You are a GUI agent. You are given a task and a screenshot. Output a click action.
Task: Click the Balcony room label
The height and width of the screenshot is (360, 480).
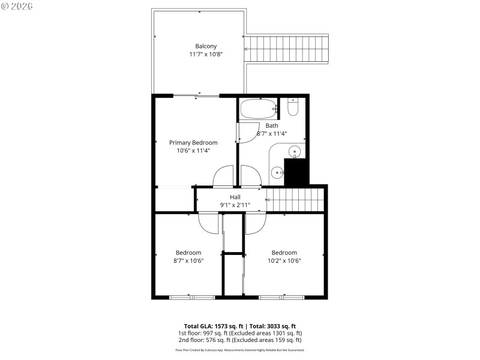pyautogui.click(x=206, y=46)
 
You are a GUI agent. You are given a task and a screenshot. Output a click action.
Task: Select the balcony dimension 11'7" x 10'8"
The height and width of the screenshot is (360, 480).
pyautogui.click(x=206, y=55)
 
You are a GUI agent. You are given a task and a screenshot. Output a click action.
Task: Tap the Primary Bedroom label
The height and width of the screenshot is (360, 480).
pyautogui.click(x=193, y=143)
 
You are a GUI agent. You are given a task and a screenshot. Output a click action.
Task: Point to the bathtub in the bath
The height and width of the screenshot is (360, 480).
pyautogui.click(x=258, y=109)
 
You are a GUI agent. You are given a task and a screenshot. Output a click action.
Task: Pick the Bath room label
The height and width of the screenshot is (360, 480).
pyautogui.click(x=272, y=125)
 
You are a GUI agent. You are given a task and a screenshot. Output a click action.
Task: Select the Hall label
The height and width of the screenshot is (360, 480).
pyautogui.click(x=235, y=197)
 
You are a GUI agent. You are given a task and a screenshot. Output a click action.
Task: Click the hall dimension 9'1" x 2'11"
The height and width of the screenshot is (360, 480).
pyautogui.click(x=235, y=205)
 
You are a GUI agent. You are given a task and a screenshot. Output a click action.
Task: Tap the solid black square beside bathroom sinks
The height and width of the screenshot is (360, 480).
pyautogui.click(x=296, y=172)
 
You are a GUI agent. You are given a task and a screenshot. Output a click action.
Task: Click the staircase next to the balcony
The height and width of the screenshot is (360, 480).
pyautogui.click(x=289, y=49)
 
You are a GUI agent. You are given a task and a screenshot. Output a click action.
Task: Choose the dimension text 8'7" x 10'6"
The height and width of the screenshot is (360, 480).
pyautogui.click(x=188, y=260)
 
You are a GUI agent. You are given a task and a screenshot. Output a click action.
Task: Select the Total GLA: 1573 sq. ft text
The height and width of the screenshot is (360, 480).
pyautogui.click(x=213, y=326)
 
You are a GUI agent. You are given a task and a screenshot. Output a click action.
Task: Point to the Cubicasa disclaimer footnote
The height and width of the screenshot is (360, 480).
pyautogui.click(x=240, y=350)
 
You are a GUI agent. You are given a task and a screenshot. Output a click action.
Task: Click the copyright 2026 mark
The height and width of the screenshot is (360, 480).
pyautogui.click(x=17, y=6)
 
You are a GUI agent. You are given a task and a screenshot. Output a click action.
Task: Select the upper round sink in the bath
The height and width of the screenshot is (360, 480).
pyautogui.click(x=295, y=151)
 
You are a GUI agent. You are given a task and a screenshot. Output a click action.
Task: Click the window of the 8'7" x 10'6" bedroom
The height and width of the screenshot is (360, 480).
pyautogui.click(x=191, y=297)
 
